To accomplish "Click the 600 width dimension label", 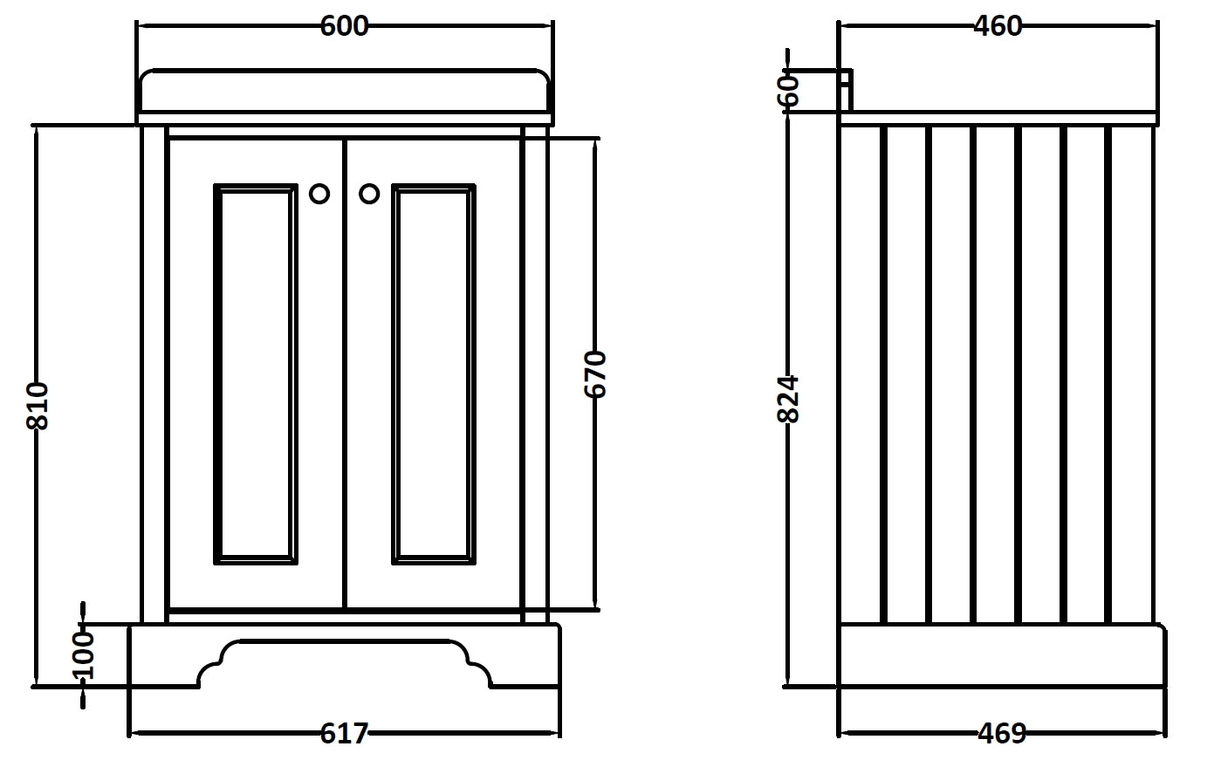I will pos(344,26).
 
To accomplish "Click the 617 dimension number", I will pos(344,734).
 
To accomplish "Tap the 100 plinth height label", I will pos(82,654).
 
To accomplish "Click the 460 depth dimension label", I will pos(997,26).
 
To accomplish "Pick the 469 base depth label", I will pos(1001,734).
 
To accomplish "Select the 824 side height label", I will pos(788,399).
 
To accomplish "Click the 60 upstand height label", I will pos(788,89).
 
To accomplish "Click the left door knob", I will pos(319,194).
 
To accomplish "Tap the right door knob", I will pos(369,194).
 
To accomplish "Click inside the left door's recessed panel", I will pos(255,373).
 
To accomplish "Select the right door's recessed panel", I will pos(434,373).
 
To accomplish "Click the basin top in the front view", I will pos(344,92).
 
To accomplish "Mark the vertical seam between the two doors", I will pos(345,373).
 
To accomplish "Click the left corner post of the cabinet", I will pos(154,373).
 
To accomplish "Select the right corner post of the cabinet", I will pos(534,373).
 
